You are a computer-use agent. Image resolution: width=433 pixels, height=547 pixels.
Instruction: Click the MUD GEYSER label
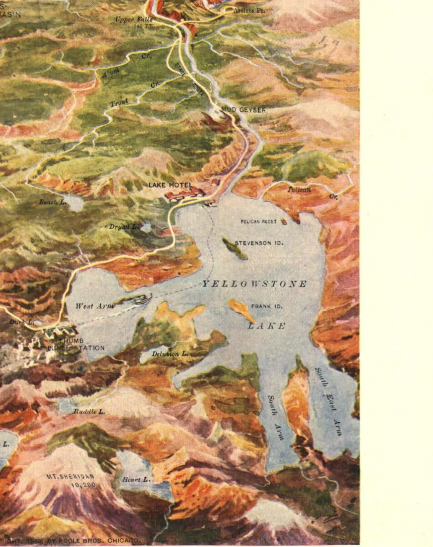[x=243, y=110]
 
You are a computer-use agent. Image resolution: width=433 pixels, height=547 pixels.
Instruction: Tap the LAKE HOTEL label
[x=170, y=185]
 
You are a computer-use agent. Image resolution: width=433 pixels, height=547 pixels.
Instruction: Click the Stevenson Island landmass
[x=235, y=248]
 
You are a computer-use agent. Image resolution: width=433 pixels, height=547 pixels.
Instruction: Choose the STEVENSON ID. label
[x=259, y=243]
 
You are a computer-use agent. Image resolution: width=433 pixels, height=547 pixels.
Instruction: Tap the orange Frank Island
[x=241, y=310]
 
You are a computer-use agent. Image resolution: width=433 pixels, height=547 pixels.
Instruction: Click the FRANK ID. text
[x=267, y=306]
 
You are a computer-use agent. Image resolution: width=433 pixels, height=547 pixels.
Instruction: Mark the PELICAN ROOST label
[x=258, y=222]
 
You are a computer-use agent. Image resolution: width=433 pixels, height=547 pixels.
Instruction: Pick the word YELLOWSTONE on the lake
[x=255, y=284]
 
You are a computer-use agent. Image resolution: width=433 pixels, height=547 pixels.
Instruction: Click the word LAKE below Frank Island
[x=267, y=326]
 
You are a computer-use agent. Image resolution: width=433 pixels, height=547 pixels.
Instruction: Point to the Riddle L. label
[x=89, y=411]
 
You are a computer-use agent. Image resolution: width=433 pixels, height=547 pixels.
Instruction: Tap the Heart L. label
[x=136, y=480]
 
